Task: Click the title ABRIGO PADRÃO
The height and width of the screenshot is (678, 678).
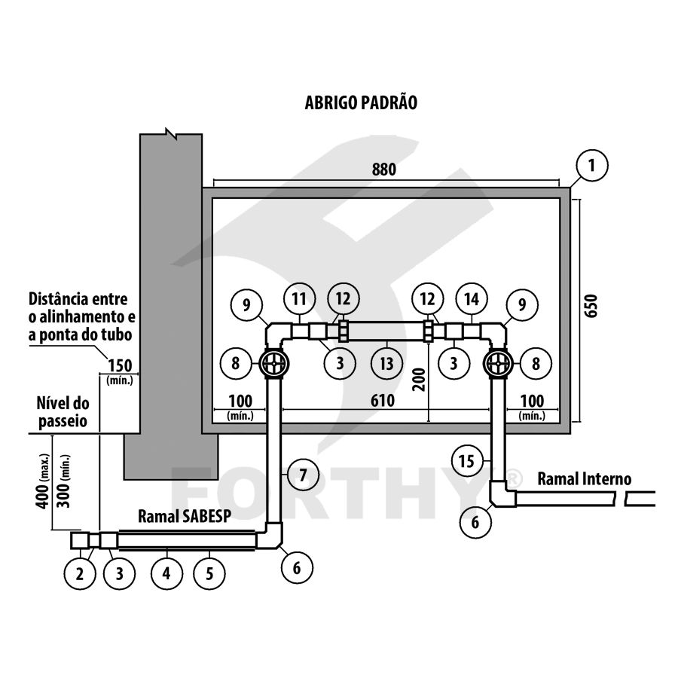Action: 361,103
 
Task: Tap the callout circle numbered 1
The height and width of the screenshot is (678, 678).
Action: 592,165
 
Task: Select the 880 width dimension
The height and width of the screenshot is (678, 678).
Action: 384,169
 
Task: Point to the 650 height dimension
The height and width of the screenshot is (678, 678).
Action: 591,306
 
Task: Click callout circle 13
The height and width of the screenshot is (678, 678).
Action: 386,363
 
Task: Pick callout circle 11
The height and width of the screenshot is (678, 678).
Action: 300,299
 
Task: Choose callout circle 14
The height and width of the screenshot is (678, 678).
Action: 472,299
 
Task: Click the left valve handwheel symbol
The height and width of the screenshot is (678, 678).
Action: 274,363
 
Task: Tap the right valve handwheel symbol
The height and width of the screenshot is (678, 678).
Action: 499,363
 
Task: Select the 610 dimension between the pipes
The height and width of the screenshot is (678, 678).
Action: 383,401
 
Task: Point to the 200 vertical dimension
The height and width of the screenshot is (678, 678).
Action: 419,379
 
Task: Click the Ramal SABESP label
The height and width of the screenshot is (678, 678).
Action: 185,516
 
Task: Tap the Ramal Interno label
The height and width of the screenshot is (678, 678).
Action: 584,479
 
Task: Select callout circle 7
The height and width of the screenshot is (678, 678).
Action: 303,475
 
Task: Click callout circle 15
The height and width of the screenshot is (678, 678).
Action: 466,461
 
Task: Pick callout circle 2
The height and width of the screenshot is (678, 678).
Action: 80,573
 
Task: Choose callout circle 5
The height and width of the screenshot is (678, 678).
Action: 209,573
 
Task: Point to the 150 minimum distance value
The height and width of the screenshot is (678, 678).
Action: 120,366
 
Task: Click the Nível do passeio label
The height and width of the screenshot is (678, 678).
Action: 63,412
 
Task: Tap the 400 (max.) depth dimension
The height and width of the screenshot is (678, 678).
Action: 43,481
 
